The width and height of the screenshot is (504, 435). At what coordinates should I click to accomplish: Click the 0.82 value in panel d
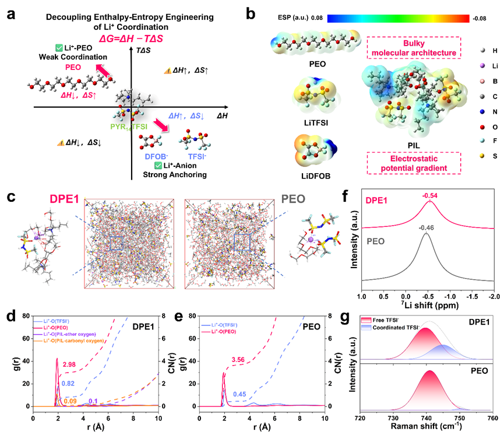pos(68,384)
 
